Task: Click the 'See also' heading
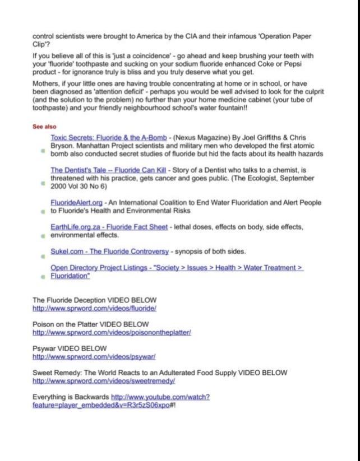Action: tap(44, 127)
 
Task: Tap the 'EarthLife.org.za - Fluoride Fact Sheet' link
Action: tap(109, 227)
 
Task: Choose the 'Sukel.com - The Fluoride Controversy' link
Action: tap(109, 251)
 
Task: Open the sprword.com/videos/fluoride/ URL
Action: tap(94, 308)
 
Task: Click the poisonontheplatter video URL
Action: tap(112, 332)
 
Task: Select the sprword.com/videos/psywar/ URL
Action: tap(94, 356)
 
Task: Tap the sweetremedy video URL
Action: tap(104, 380)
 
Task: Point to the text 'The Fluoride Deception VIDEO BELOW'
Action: tap(94, 300)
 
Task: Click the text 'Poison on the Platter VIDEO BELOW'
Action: tap(90, 324)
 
